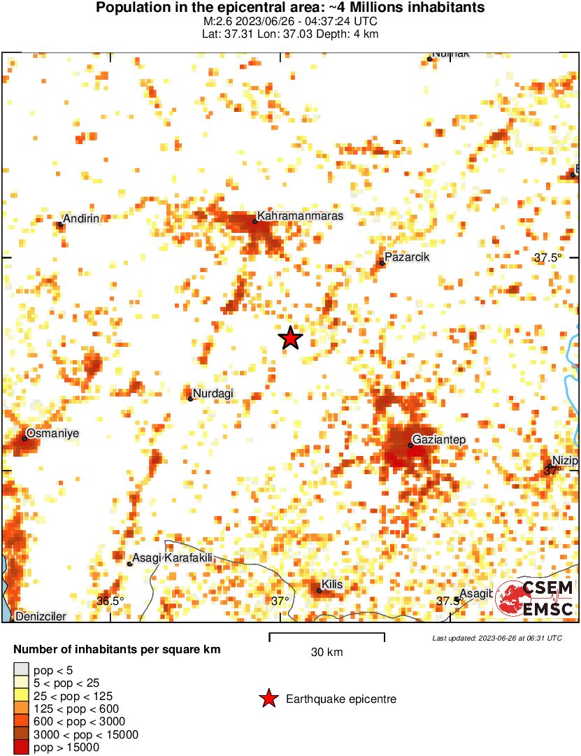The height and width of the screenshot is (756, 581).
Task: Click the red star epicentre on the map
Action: pos(291,338)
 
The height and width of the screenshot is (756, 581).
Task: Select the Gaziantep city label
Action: pos(440,440)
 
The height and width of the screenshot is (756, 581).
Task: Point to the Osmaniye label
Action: pos(52,434)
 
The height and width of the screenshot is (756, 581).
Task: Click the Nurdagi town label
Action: pos(213,394)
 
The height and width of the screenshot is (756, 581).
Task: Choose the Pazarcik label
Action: pos(407,257)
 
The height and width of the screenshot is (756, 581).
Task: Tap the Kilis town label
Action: pos(333,585)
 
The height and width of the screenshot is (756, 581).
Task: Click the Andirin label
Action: pos(81,220)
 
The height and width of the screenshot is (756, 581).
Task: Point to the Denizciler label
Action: pos(41,617)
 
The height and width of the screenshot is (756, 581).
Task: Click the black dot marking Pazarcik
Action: pos(382,263)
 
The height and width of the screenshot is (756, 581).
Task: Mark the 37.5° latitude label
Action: pos(548,258)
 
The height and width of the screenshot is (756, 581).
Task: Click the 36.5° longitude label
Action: pos(110,601)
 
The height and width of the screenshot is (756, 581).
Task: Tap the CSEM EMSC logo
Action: pos(536,599)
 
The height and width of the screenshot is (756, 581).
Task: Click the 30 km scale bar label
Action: pos(327,652)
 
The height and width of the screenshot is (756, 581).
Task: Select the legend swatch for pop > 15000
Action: pos(22,747)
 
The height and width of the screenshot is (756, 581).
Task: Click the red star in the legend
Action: pos(268,699)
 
